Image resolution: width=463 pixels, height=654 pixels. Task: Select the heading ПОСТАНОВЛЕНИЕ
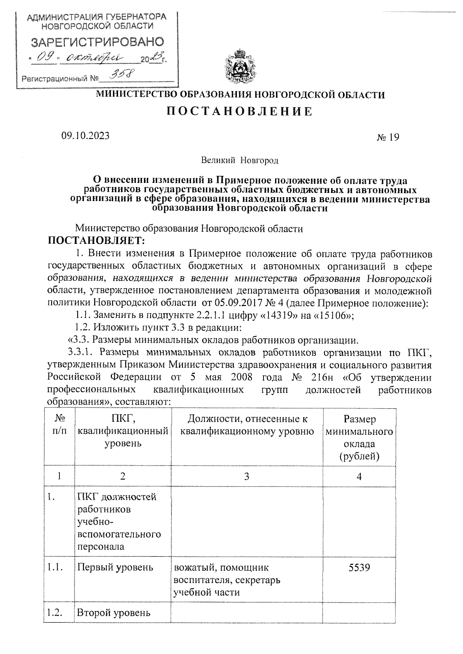240,112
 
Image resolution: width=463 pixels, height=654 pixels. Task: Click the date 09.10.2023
85,136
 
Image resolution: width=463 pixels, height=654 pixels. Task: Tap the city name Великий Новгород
239,160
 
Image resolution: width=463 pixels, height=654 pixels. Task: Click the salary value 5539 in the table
359,568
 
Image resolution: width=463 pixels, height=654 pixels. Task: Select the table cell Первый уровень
115,567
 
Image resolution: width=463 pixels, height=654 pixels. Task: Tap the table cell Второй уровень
113,613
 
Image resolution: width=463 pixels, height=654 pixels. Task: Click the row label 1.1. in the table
55,567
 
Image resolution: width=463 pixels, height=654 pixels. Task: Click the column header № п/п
59,425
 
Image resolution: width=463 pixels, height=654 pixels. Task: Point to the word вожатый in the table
191,568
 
